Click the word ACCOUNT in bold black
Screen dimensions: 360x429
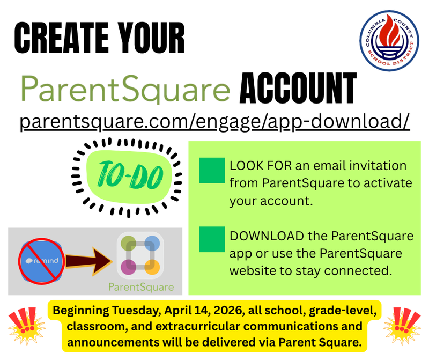pos(298,89)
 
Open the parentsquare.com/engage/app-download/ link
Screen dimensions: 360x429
pos(215,121)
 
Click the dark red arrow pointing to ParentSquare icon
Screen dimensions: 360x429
pos(91,261)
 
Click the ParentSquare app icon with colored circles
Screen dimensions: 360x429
pos(140,254)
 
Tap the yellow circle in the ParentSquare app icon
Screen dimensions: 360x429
pos(152,267)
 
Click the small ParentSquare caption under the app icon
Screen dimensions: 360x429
pos(141,287)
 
